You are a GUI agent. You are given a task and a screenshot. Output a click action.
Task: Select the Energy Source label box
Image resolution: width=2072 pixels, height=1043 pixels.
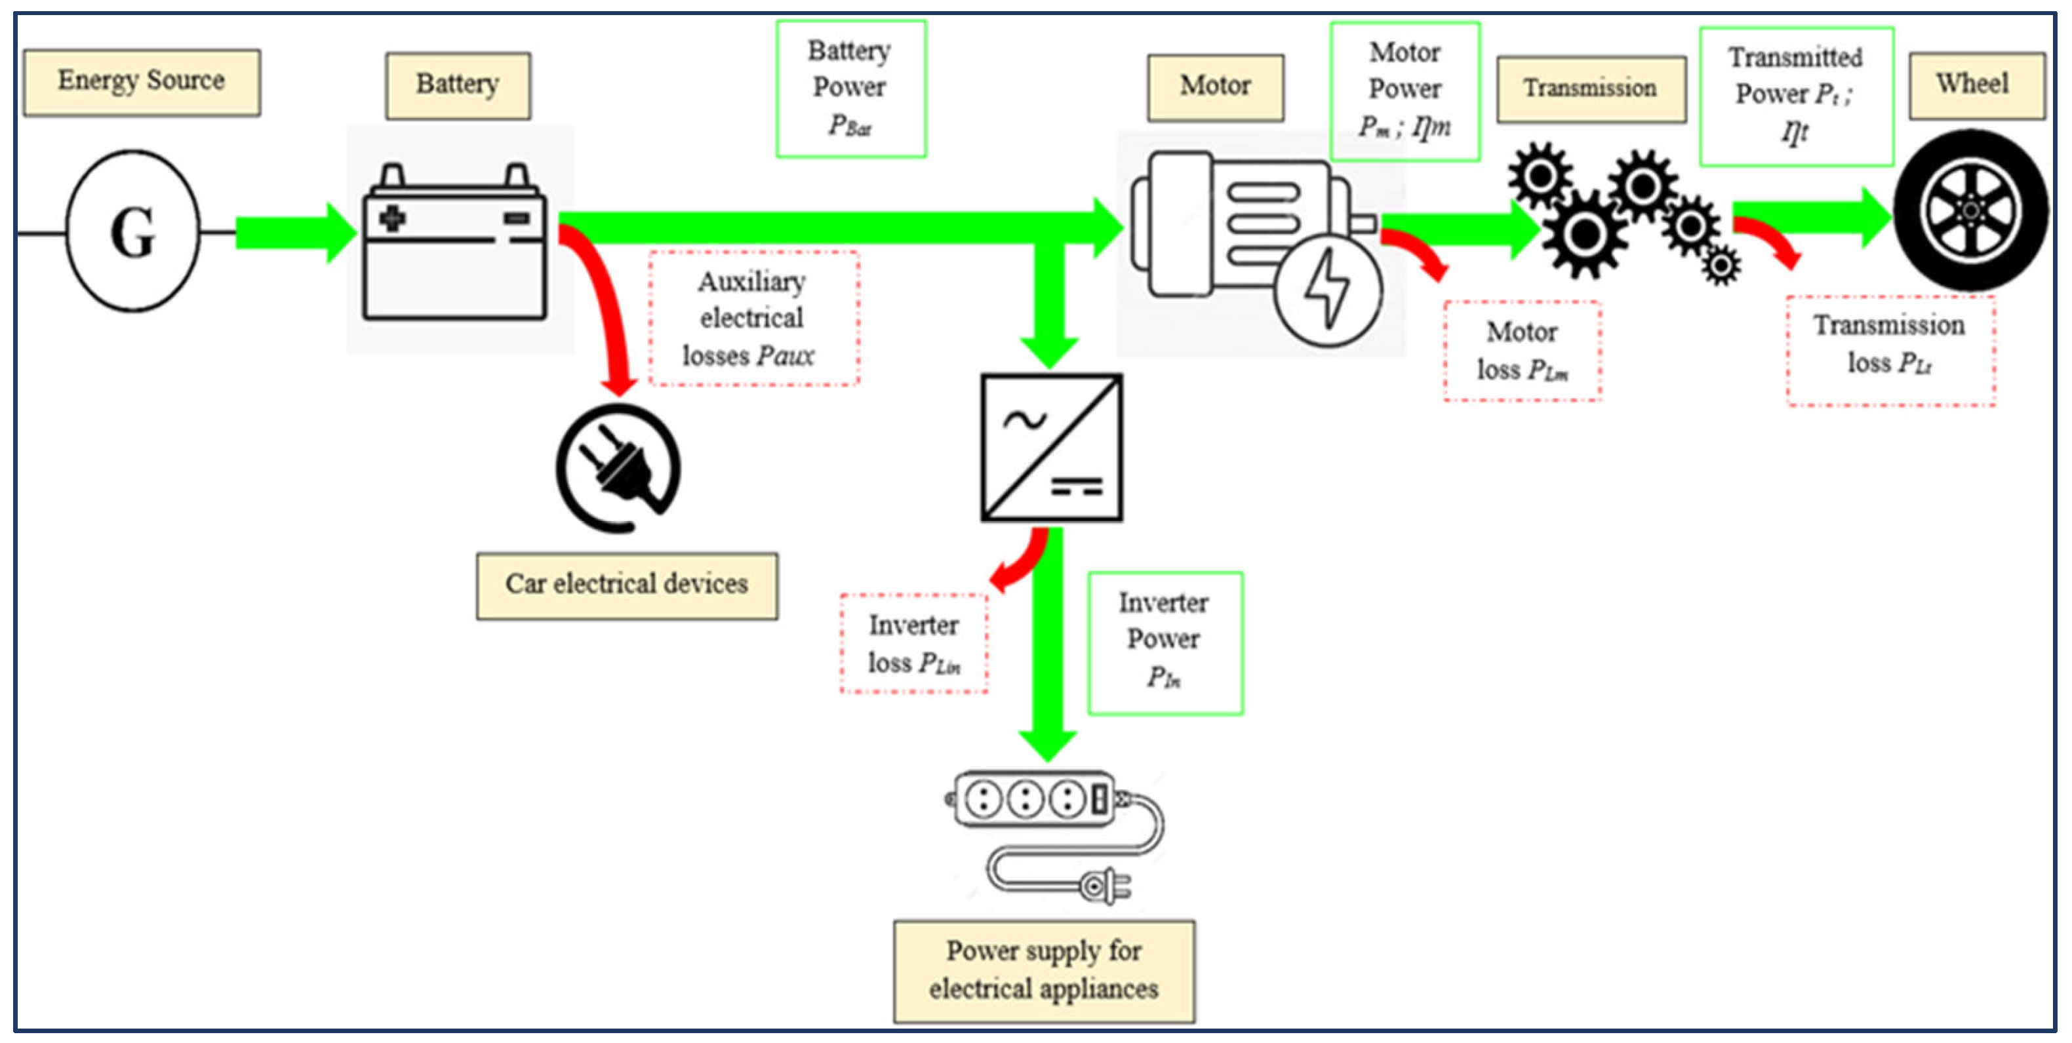pyautogui.click(x=142, y=82)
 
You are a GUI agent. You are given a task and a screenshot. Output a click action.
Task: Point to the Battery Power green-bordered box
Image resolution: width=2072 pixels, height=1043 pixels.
pyautogui.click(x=850, y=89)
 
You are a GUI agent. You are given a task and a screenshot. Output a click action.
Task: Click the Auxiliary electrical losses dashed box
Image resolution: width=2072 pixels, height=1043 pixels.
pyautogui.click(x=753, y=319)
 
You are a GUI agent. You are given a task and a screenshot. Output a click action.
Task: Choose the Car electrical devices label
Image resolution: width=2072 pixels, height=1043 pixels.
pyautogui.click(x=627, y=585)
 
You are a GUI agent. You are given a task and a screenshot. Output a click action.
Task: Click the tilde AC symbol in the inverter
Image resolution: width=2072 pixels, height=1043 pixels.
pyautogui.click(x=1024, y=419)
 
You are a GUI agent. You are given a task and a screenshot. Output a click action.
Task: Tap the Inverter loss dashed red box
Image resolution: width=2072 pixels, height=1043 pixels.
pyautogui.click(x=914, y=643)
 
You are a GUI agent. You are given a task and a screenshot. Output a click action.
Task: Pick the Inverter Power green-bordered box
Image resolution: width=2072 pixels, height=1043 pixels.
pyautogui.click(x=1164, y=642)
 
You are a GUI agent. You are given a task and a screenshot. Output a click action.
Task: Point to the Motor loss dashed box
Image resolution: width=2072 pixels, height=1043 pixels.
pyautogui.click(x=1522, y=351)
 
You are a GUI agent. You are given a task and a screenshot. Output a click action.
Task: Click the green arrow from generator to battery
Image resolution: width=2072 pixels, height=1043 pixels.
pyautogui.click(x=294, y=233)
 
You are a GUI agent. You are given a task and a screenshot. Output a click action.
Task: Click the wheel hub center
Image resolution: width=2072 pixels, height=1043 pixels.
pyautogui.click(x=1970, y=210)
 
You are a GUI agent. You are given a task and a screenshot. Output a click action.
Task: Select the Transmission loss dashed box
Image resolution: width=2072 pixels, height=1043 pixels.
pyautogui.click(x=1890, y=351)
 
